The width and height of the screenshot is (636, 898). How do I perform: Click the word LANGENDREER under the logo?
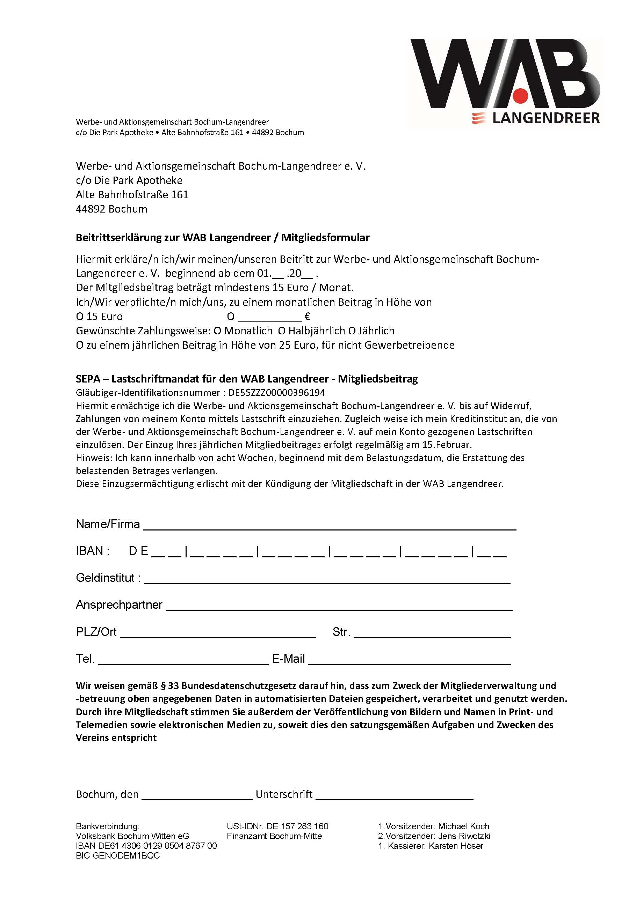click(x=545, y=118)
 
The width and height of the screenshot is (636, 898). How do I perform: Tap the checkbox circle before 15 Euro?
click(x=80, y=317)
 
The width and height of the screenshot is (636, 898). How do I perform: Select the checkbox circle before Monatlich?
click(x=217, y=331)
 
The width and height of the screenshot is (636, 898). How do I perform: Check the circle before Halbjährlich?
click(x=282, y=331)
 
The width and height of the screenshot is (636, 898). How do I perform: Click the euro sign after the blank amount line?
click(x=307, y=317)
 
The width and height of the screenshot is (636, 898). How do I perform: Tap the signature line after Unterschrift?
click(x=395, y=798)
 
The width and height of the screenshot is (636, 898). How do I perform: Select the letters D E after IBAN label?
click(x=139, y=551)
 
